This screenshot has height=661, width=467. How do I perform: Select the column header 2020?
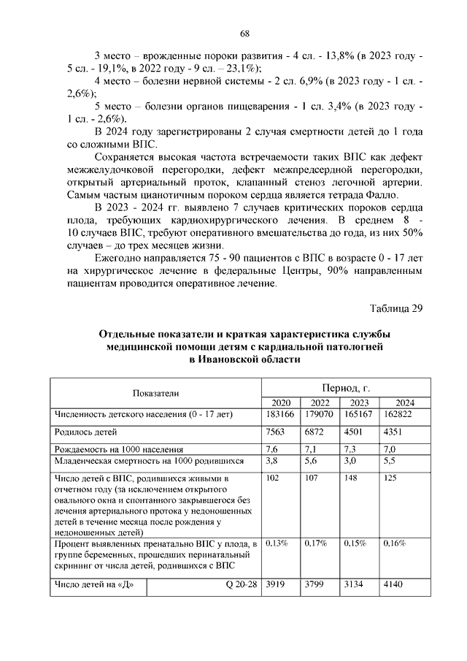(x=280, y=403)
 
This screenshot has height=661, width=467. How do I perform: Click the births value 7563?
(x=276, y=432)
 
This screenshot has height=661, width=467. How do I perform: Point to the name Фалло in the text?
(x=379, y=194)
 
